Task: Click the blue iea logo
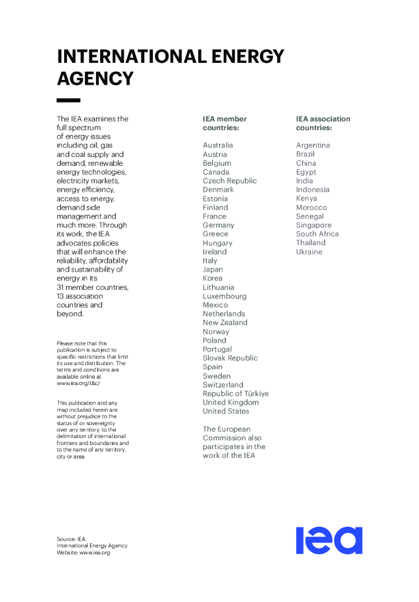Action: coord(329,540)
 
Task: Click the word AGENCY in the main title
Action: coord(95,78)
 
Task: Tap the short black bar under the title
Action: coord(68,101)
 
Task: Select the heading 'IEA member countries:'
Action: coord(224,123)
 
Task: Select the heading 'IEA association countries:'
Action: coord(322,123)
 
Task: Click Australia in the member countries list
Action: coord(218,145)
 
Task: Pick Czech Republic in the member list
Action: coord(230,180)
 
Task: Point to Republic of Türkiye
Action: coord(235,393)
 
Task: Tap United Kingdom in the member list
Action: coord(230,402)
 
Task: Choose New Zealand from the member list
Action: coord(225,322)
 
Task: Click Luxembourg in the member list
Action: coord(224,296)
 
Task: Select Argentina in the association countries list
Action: coord(312,145)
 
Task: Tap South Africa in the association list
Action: coord(317,233)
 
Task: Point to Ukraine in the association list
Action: coord(309,252)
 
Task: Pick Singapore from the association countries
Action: coord(314,225)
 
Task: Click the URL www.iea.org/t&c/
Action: coord(78,383)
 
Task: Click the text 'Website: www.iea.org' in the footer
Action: coord(83,553)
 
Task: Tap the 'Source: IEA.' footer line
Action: coord(71,539)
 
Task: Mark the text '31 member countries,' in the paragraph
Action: coord(92,287)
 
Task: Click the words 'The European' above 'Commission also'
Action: coord(227,429)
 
